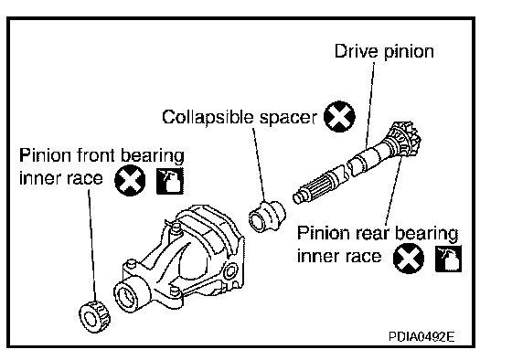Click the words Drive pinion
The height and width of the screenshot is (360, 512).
coord(384,51)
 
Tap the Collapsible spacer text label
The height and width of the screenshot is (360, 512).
coord(240,117)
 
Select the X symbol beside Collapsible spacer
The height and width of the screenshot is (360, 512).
coord(339,117)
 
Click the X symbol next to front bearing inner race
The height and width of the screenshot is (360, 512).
coord(130,181)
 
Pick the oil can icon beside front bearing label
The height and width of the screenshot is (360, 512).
coord(170,181)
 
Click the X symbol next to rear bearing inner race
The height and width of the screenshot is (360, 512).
coord(409,258)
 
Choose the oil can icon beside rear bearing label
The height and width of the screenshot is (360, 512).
coord(448,259)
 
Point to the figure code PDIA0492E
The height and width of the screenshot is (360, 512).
coord(421,336)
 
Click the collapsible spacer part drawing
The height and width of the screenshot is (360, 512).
coord(267,216)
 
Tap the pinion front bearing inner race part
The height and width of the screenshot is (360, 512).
coord(95,317)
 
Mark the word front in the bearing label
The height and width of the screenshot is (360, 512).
coord(97,155)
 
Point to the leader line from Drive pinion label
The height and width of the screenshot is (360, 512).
coord(370,105)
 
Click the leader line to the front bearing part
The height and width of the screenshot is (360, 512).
coord(92,246)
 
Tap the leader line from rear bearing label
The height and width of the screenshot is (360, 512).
coord(393,190)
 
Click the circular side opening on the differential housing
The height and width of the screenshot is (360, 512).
coord(230,270)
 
